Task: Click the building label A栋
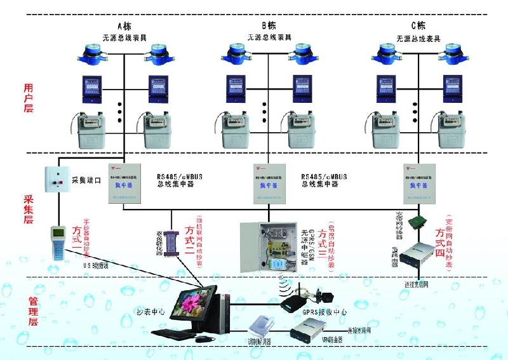[x=124, y=26]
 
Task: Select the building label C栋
[x=418, y=26]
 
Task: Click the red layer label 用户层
[x=28, y=97]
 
